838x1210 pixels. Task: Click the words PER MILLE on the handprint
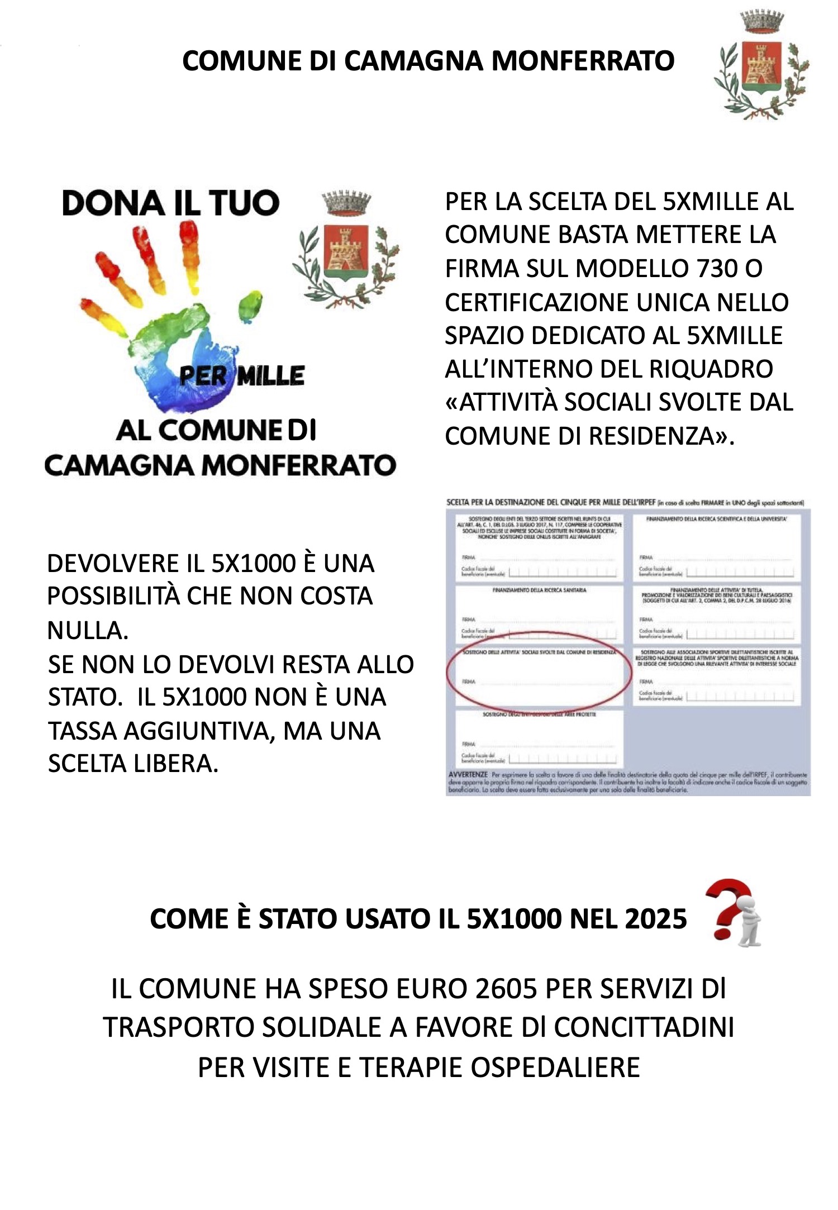coord(242,376)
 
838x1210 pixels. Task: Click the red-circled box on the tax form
coord(539,675)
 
